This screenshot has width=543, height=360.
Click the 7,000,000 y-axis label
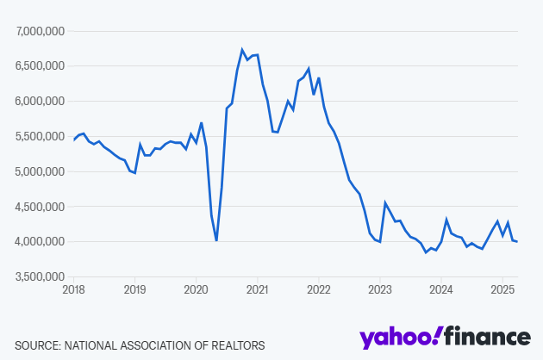(x=41, y=31)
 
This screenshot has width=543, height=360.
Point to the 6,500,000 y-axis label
(x=41, y=65)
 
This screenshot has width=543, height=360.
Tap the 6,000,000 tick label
(x=41, y=101)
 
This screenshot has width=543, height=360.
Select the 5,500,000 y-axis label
(x=41, y=136)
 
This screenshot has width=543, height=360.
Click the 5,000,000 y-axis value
(x=41, y=171)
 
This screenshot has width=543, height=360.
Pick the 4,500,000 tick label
(x=41, y=207)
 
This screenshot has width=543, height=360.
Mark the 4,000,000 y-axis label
(x=41, y=241)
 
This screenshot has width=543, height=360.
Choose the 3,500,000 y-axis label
(x=41, y=276)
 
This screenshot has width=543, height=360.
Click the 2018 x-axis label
(x=73, y=290)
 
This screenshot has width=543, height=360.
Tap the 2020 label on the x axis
(x=196, y=290)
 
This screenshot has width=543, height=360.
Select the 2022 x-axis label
(x=319, y=290)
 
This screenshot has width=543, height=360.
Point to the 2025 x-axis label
(x=502, y=290)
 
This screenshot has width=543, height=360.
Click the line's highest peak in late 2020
(x=242, y=50)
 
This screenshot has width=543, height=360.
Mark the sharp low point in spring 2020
(x=216, y=240)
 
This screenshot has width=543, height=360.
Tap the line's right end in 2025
(x=516, y=241)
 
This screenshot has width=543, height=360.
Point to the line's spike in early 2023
(x=385, y=203)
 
